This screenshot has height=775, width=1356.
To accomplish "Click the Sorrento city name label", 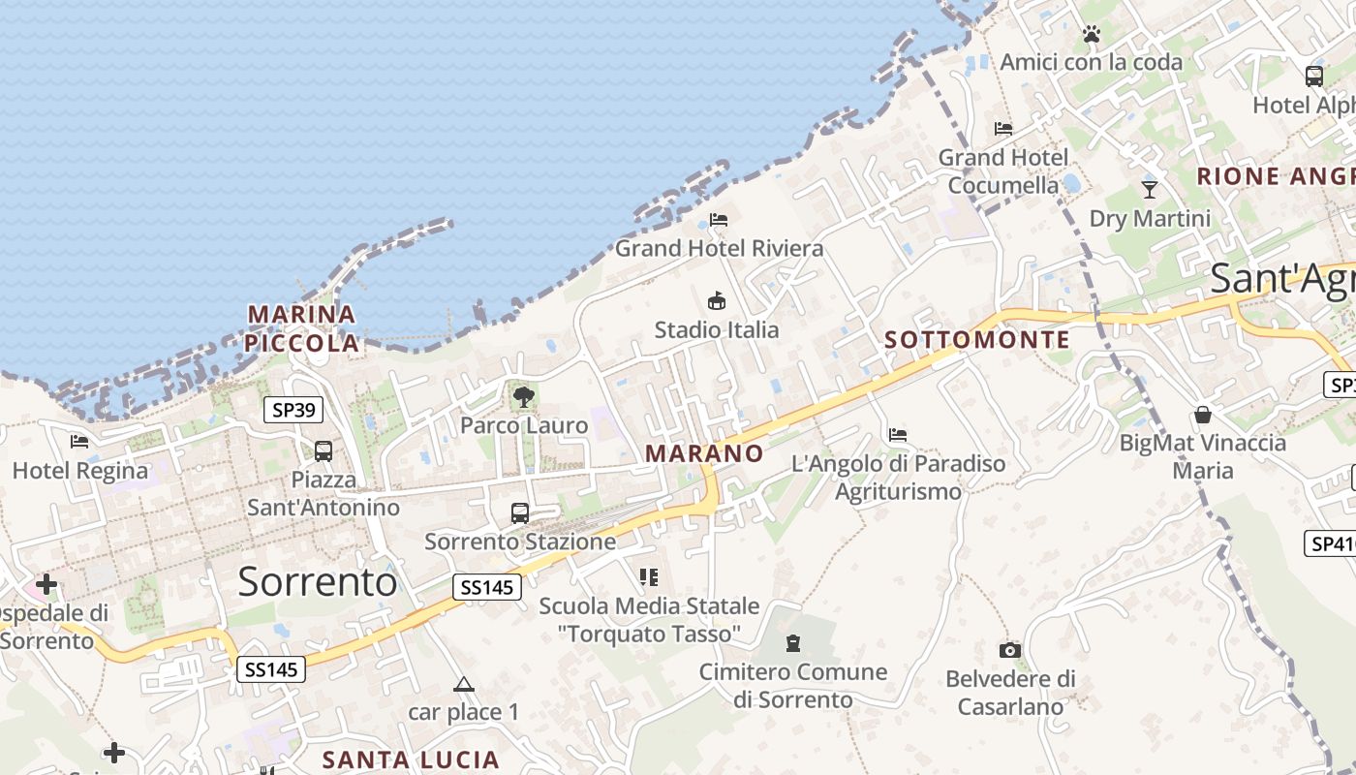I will (317, 581).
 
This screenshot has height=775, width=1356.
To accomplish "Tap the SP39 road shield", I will (293, 410).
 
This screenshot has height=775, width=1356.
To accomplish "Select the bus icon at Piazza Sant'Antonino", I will (324, 451).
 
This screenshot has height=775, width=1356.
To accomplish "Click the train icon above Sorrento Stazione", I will (520, 513).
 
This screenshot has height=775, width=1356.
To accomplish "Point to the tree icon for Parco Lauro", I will (524, 396).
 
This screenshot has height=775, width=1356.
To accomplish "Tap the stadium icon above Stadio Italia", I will (717, 300).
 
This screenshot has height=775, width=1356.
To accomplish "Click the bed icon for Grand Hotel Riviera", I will (719, 220).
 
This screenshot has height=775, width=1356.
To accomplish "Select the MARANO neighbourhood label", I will (704, 453).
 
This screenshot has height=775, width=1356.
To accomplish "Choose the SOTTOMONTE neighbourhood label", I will (977, 340).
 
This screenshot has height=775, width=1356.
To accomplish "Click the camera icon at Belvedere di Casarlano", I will (1010, 650).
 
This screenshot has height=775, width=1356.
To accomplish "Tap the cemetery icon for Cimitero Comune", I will (793, 643).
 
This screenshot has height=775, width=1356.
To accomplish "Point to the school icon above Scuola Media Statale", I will (649, 577).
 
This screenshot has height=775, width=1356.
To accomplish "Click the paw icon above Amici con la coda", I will (1092, 34).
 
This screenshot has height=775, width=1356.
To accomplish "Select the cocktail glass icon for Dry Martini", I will (1150, 189).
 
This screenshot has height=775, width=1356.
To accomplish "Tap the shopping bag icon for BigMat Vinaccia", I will (1203, 415).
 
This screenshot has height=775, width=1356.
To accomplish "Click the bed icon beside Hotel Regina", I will (79, 442).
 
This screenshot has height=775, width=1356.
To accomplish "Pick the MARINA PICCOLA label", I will (301, 328).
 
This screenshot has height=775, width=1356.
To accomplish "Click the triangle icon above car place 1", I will (464, 685).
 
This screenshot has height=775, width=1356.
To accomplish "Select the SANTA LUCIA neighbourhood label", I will (411, 759).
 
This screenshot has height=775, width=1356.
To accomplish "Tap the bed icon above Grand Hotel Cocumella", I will (1003, 128).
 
